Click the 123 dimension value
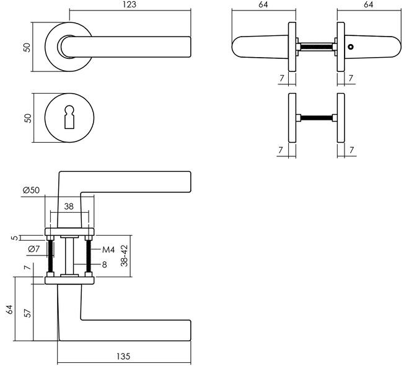coord(130,4)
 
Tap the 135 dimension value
coord(123,356)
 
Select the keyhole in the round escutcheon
coord(69,117)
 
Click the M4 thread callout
coord(108,250)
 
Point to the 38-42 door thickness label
coord(125,256)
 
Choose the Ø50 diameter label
coord(31,190)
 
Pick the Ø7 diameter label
coord(33,249)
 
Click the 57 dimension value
coord(27,313)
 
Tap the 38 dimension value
coord(69,206)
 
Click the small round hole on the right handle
coord(351,47)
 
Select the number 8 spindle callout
coord(104,265)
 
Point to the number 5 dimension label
coord(15,238)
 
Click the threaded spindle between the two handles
coord(317,47)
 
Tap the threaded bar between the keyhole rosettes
coord(317,118)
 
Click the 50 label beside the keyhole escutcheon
coord(28,118)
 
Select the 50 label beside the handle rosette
coord(27,47)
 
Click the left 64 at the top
coord(263,4)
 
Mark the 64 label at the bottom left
coord(9,309)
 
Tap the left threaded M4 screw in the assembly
coord(50,256)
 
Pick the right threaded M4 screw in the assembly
coord(89,256)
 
